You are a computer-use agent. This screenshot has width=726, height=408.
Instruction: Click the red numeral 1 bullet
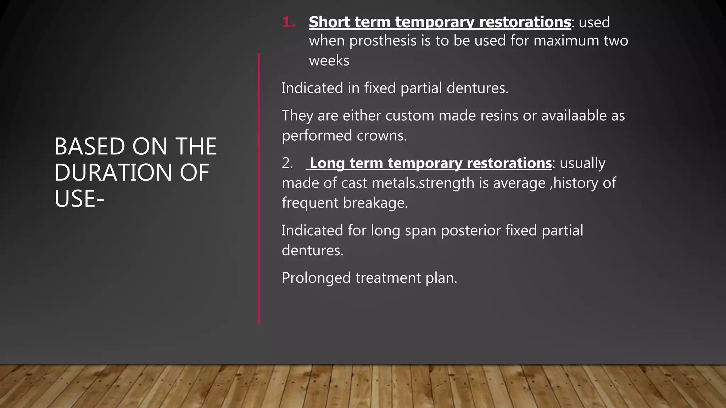coord(289,23)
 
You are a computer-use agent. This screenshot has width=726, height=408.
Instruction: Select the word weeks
coord(329,61)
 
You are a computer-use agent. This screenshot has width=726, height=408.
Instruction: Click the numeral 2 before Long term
coord(287,163)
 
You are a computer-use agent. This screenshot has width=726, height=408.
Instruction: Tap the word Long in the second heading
coord(327,163)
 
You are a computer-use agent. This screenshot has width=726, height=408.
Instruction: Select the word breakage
coord(375,203)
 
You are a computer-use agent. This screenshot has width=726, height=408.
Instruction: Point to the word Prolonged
coord(316,278)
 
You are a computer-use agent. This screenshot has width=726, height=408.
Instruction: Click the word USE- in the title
coord(79,199)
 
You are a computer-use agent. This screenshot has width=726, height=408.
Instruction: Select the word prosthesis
coord(383,41)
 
